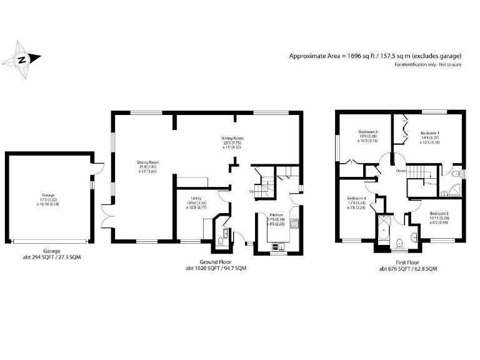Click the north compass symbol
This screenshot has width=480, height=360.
coord(21,60)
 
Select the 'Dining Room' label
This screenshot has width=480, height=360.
coord(232,138)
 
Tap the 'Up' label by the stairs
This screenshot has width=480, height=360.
coord(252,191)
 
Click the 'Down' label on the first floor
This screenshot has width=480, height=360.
coord(401,170)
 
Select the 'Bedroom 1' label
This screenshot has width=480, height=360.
coord(429,132)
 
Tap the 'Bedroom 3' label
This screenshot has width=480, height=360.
coord(439,214)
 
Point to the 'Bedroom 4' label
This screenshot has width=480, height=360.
coord(356,199)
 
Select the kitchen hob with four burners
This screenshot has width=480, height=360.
coord(294,222)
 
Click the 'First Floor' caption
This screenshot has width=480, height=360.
coord(407,262)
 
